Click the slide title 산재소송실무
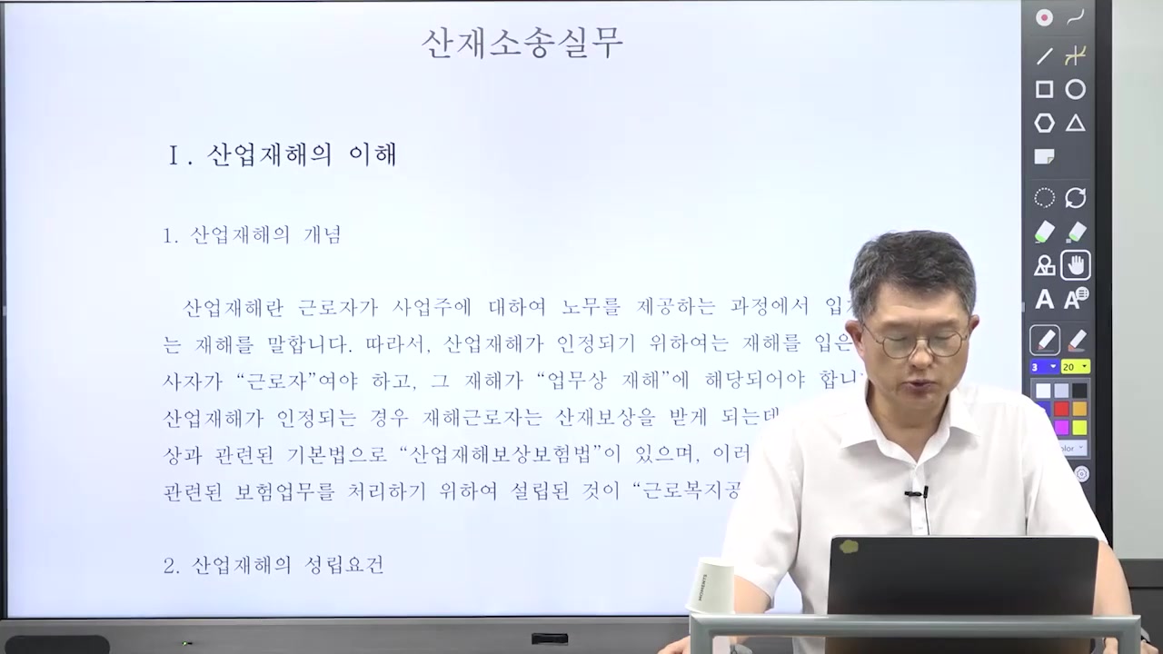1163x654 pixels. tap(522, 43)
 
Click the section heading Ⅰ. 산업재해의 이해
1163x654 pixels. tap(283, 154)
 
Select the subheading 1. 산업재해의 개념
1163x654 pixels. tap(252, 235)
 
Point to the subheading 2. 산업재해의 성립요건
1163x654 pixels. tap(273, 565)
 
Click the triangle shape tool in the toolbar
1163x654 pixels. tap(1076, 124)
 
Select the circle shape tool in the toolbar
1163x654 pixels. tap(1076, 89)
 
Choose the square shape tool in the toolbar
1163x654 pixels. tap(1044, 89)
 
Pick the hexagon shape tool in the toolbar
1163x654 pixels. tap(1044, 124)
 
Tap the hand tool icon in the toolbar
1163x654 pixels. tap(1076, 265)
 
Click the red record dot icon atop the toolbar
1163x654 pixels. tap(1044, 17)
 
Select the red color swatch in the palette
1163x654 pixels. tap(1060, 409)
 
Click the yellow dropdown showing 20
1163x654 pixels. tap(1075, 367)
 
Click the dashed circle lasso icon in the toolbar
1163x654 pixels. tap(1044, 198)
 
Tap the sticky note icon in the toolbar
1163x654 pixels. tap(1044, 157)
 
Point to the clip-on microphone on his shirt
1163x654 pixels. tap(916, 494)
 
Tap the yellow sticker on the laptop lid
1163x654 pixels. tap(849, 547)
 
